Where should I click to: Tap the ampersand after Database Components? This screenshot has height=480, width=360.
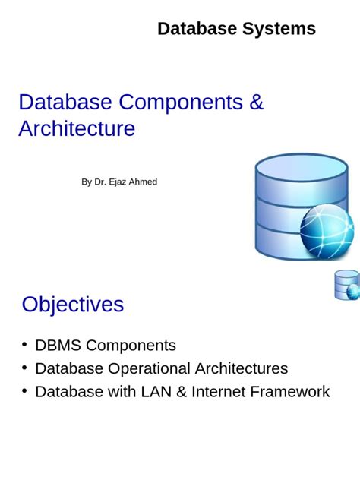coord(256,103)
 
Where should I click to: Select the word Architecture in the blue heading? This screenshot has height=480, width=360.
coord(77,129)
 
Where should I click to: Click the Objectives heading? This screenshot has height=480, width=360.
coord(73,305)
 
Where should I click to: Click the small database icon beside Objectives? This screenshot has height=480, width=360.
coord(346,285)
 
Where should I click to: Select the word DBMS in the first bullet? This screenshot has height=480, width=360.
coord(58,346)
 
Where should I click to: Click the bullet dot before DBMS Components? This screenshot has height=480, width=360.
coord(25,346)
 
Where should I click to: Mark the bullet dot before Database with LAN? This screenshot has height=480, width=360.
coord(25,392)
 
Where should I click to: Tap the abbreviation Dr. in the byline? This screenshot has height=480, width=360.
coord(99,182)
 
